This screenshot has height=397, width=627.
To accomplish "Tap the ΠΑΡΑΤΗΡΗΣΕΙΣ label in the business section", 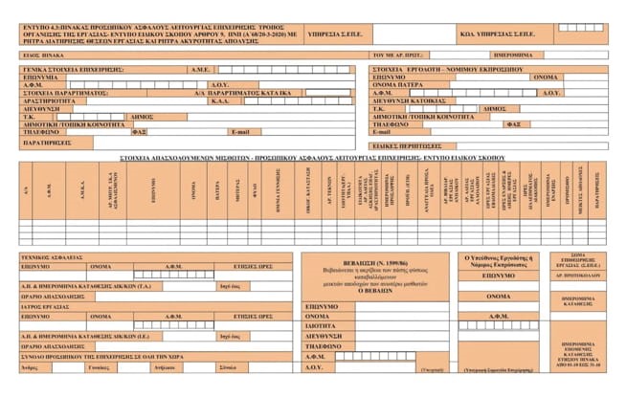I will pyautogui.click(x=45, y=142).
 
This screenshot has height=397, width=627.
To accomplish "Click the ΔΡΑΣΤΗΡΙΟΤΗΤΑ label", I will pyautogui.click(x=48, y=100).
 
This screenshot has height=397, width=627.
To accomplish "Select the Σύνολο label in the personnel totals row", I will pyautogui.click(x=227, y=366).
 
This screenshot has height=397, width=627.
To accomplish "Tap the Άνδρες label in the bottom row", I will pyautogui.click(x=32, y=366).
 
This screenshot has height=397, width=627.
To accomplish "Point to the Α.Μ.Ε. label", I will pyautogui.click(x=200, y=70).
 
